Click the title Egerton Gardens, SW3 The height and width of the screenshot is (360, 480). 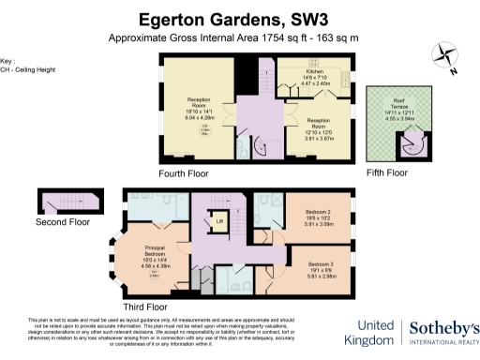239,18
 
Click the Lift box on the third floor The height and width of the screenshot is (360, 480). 219,222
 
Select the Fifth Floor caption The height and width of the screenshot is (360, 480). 386,172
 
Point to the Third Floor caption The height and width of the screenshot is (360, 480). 144,307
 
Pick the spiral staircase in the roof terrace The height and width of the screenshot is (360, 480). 411,141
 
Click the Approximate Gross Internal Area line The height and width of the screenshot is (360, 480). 239,38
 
